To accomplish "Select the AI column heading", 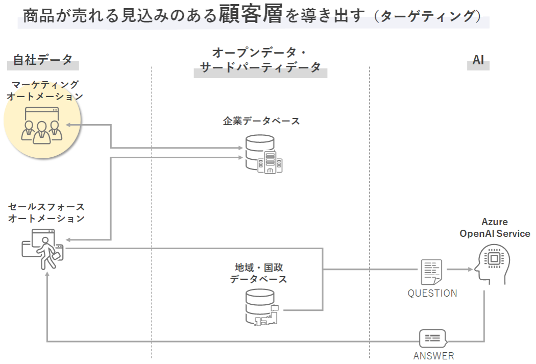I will pyautogui.click(x=478, y=60).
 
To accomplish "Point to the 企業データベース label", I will pyautogui.click(x=261, y=121).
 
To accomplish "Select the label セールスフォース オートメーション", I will pyautogui.click(x=46, y=212).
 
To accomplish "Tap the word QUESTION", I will pyautogui.click(x=432, y=294).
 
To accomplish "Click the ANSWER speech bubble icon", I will pyautogui.click(x=432, y=338).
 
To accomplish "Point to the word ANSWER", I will pyautogui.click(x=433, y=356).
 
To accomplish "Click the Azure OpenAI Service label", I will pyautogui.click(x=495, y=228).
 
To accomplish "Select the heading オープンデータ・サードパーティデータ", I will pyautogui.click(x=260, y=60).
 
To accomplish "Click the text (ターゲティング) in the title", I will pyautogui.click(x=427, y=16).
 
